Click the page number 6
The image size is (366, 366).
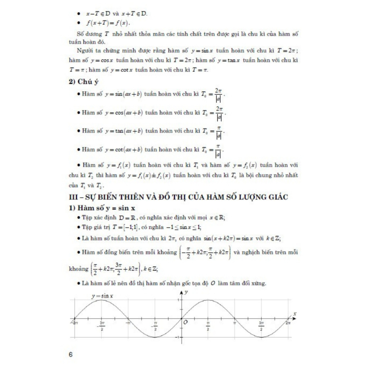click(71, 355)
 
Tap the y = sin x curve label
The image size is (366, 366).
click(102, 296)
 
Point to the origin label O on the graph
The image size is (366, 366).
click(186, 322)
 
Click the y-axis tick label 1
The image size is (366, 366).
click(179, 299)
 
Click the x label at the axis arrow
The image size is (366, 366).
click(295, 313)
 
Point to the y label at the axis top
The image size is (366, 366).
click(187, 292)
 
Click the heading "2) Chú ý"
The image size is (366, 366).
click(84, 82)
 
